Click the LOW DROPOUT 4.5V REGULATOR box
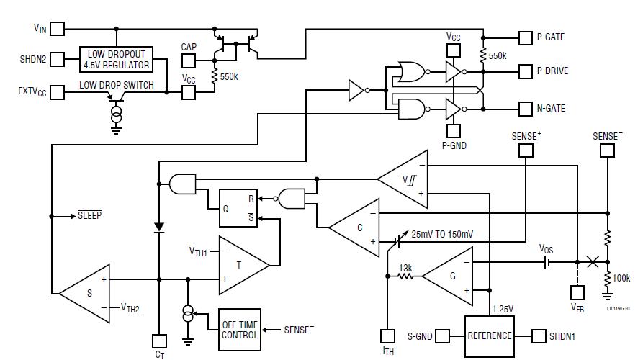click(117, 59)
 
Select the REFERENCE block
click(489, 336)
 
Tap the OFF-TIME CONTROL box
click(240, 330)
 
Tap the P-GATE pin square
click(525, 37)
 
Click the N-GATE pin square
click(525, 109)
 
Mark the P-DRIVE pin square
click(525, 71)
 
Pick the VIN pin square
click(57, 29)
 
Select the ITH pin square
click(387, 335)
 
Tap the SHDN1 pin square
click(539, 336)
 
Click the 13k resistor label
click(405, 268)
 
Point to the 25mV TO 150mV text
click(443, 235)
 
